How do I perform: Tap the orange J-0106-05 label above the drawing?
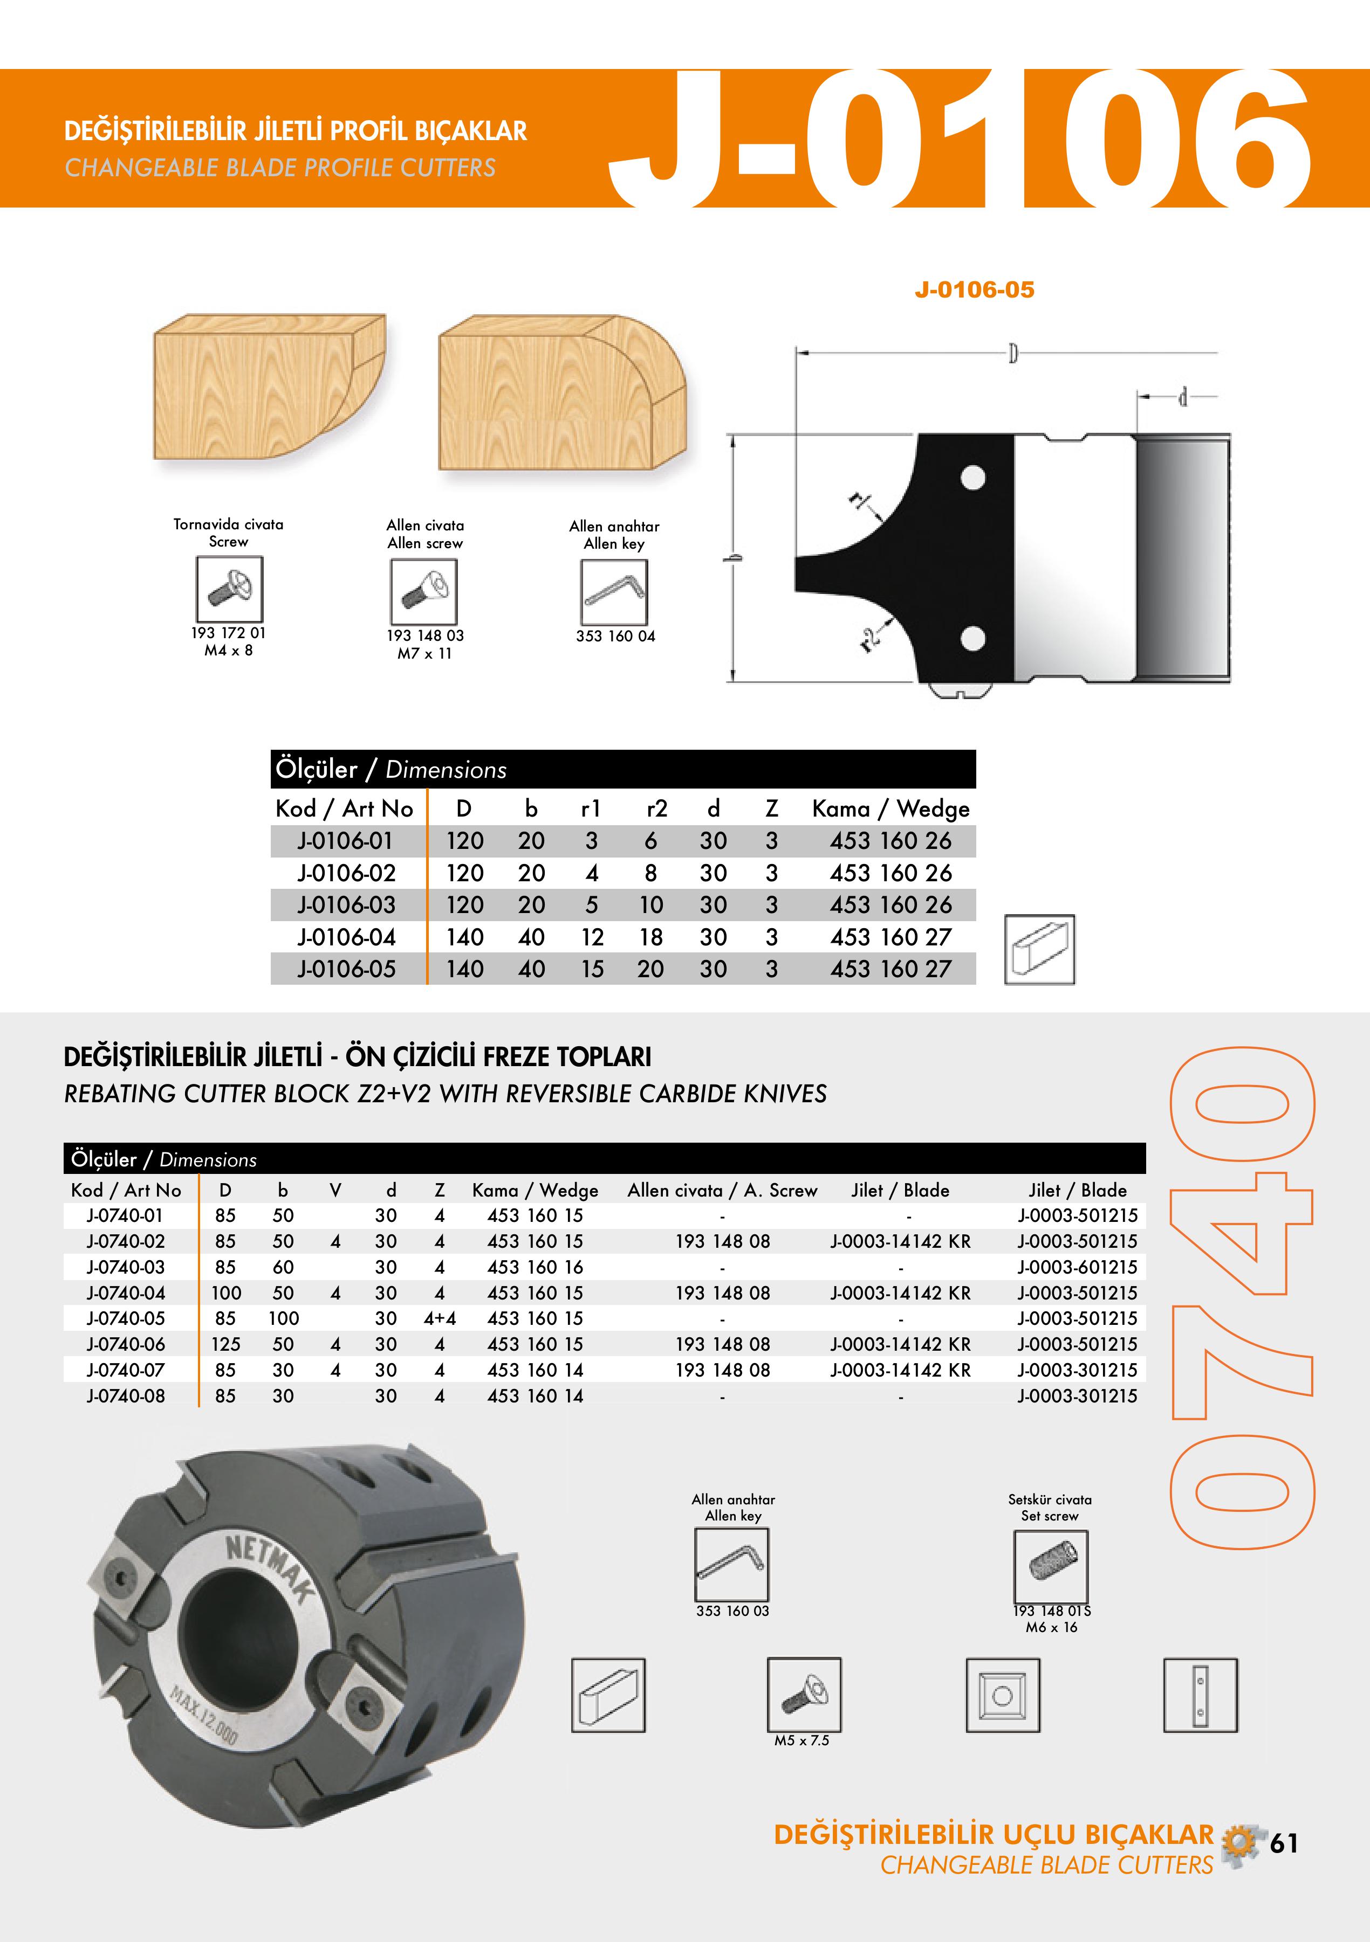tap(974, 290)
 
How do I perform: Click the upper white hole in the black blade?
tap(973, 478)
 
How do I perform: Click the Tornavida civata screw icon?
tap(229, 589)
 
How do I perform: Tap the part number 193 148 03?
tap(425, 635)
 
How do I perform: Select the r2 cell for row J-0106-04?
tap(650, 937)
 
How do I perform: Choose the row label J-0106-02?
tap(346, 873)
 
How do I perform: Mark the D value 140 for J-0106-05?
tap(464, 969)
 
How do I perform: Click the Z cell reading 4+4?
tap(439, 1318)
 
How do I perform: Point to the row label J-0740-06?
tap(125, 1344)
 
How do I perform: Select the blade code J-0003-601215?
tap(1077, 1267)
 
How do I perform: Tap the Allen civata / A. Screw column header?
tap(722, 1190)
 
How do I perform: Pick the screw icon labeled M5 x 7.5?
tap(803, 1694)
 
